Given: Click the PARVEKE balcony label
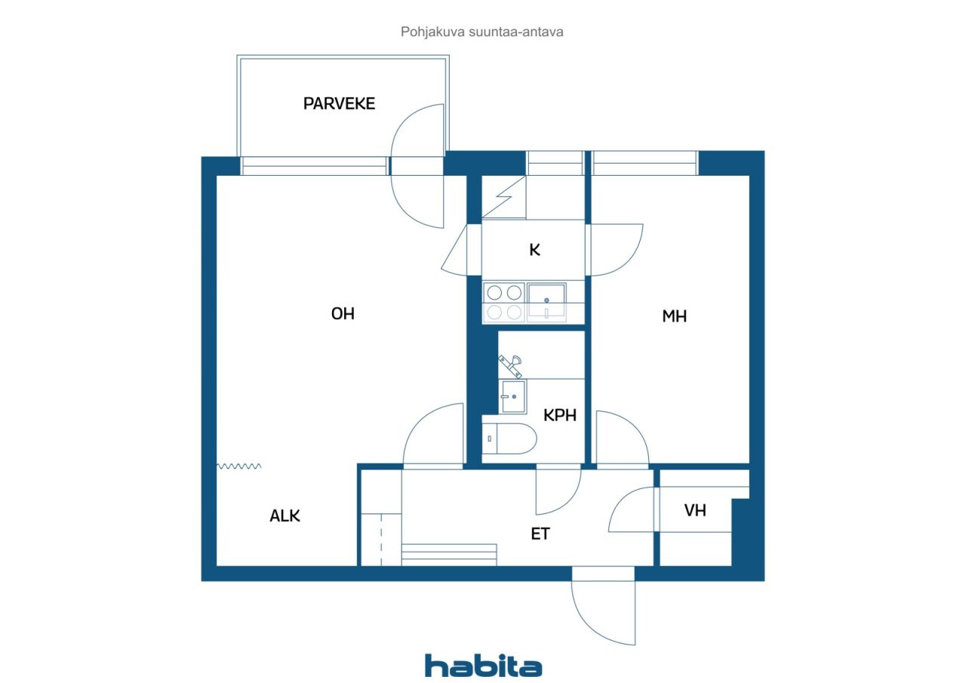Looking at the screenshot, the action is point(339,103).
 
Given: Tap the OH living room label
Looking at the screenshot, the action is point(343,313).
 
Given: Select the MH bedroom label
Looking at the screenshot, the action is point(674,316).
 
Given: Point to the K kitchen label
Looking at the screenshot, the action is point(534,250).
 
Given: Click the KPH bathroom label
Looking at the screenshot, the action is point(560,415).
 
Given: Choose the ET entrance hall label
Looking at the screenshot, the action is point(540,534).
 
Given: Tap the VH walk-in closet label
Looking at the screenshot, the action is point(695,510).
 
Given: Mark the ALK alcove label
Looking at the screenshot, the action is point(285,515).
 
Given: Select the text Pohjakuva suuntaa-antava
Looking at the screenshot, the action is point(481,32).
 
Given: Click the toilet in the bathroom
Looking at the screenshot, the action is point(509,438).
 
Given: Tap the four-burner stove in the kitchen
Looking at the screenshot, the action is point(503,303).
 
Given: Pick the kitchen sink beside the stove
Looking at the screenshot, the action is point(546,303).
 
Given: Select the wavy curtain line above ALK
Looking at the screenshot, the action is point(238,466).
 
